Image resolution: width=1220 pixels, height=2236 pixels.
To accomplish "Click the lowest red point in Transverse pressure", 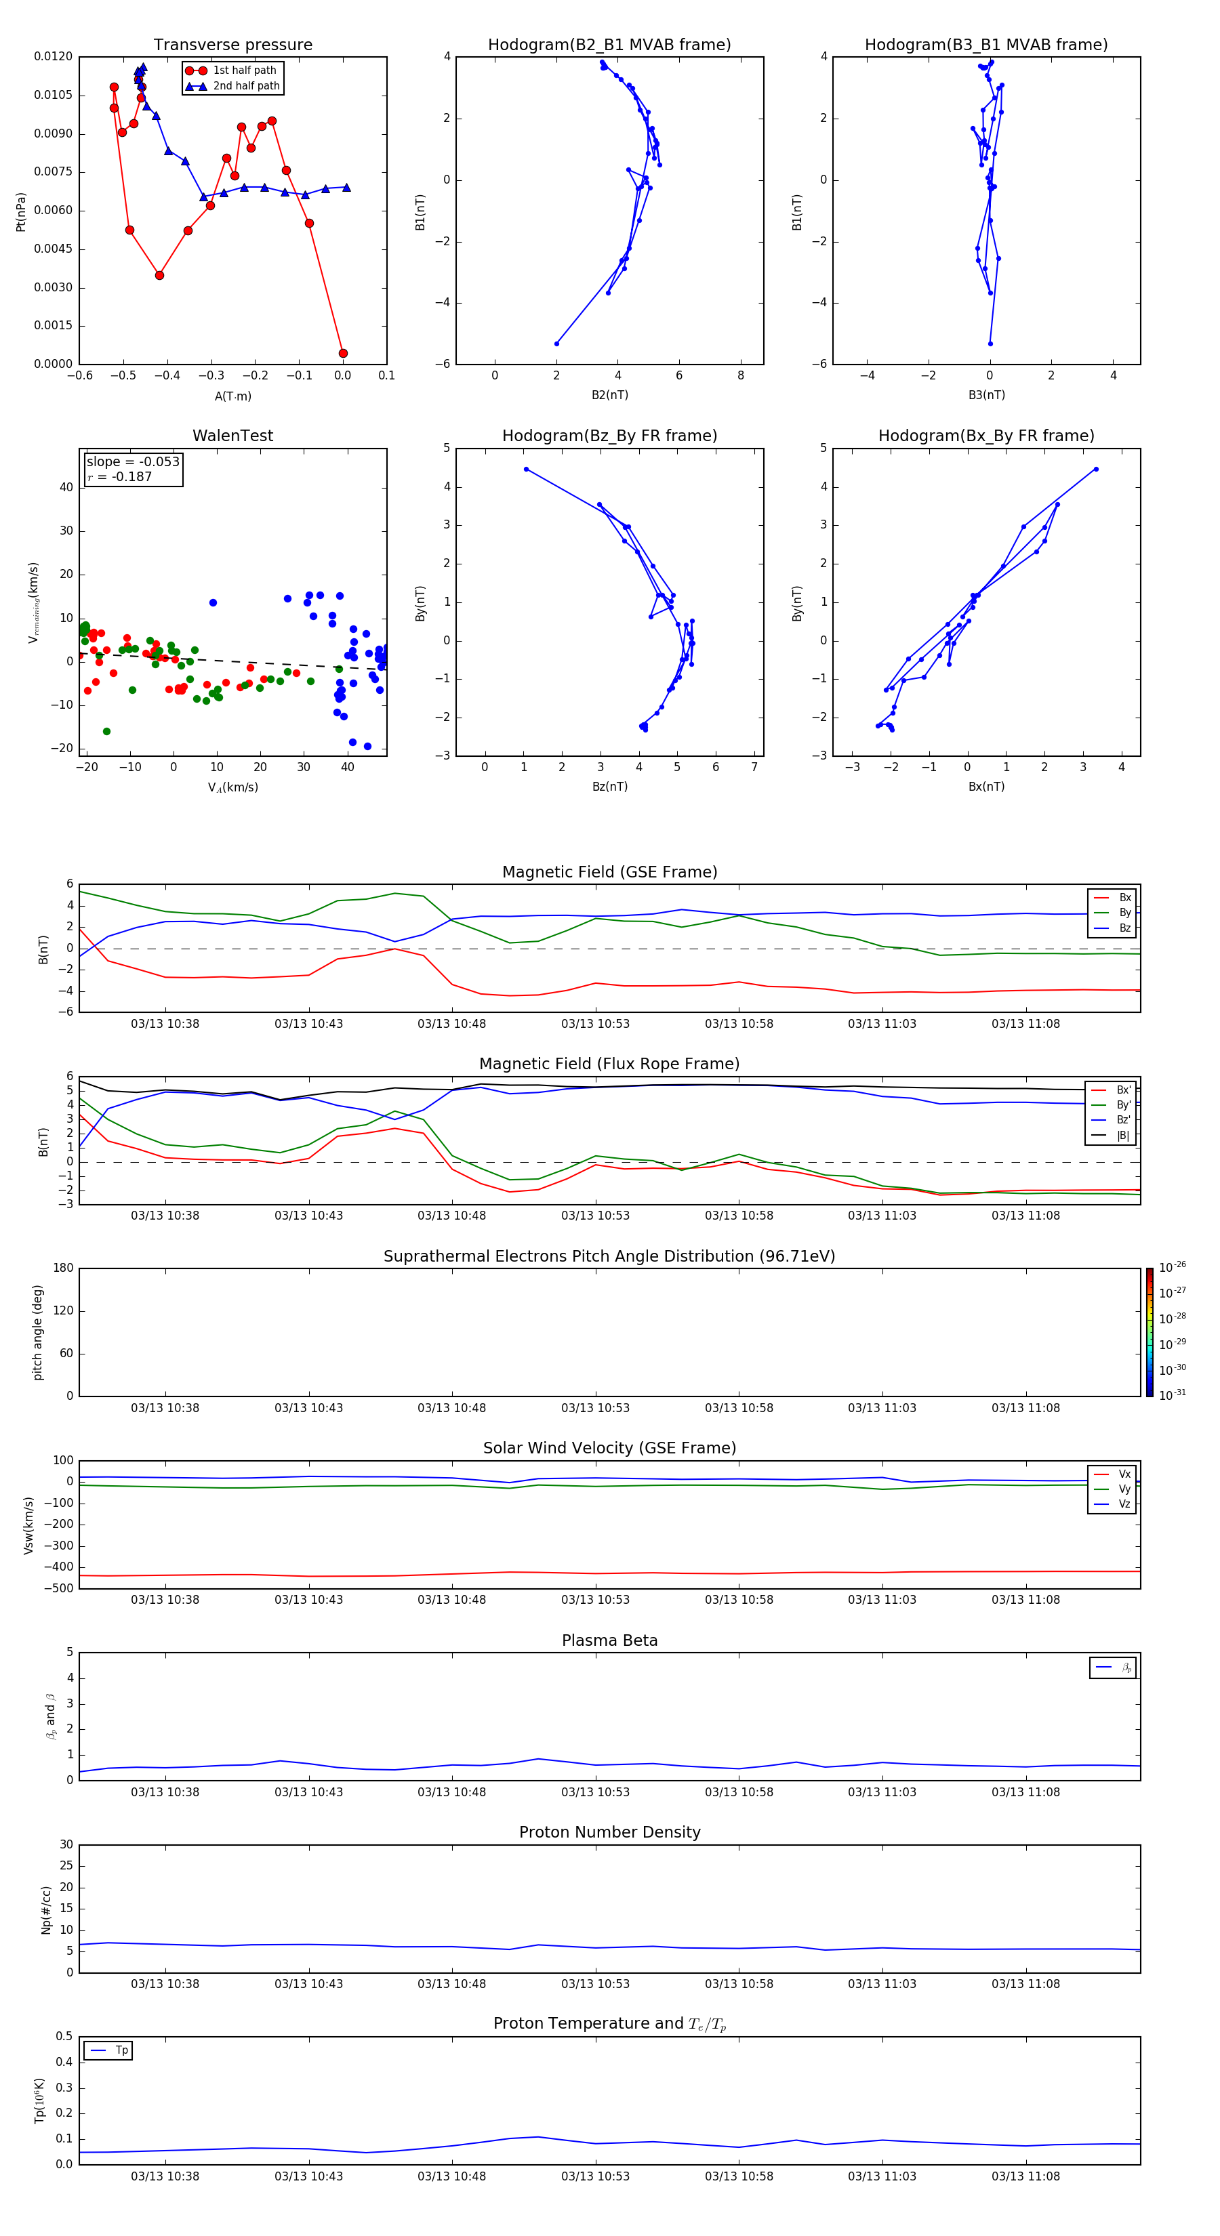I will [x=343, y=353].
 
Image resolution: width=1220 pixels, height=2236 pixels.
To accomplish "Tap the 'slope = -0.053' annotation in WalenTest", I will [x=133, y=462].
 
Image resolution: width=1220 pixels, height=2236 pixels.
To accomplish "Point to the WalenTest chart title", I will [x=232, y=436].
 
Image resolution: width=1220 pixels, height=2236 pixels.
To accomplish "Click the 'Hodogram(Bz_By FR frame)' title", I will [x=609, y=436].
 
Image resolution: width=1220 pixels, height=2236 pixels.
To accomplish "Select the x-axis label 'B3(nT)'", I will [x=986, y=395].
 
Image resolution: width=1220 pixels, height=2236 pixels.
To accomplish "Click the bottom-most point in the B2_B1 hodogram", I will [x=556, y=344].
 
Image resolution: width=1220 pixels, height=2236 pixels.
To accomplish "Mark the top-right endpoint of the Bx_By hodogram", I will [x=1096, y=470].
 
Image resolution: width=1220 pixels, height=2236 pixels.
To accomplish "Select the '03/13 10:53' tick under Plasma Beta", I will [x=595, y=1792].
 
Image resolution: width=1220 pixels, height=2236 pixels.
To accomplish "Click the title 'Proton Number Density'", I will [x=609, y=1832].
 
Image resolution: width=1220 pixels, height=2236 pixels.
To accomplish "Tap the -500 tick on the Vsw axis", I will [x=61, y=1588].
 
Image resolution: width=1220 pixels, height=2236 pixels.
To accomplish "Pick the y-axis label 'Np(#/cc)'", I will [x=46, y=1909].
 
